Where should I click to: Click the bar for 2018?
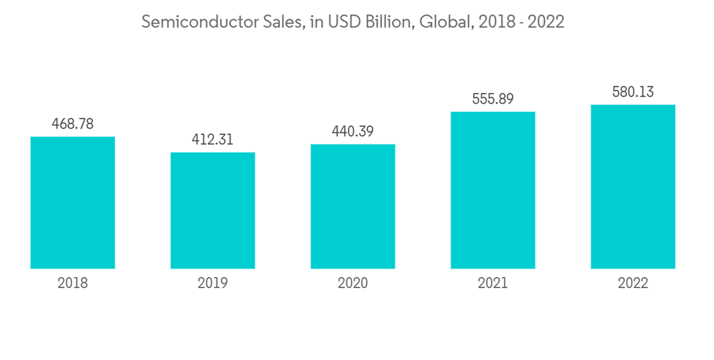(x=73, y=203)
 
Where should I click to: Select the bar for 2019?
(x=213, y=211)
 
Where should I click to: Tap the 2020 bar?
(x=353, y=206)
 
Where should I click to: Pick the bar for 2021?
(x=493, y=190)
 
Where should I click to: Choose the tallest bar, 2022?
(x=633, y=186)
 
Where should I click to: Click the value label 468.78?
(x=73, y=124)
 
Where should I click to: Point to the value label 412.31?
(x=213, y=139)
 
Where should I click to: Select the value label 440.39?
(x=353, y=131)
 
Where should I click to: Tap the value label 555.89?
(x=493, y=99)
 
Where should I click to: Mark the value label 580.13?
(x=633, y=91)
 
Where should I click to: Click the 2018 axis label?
(x=73, y=283)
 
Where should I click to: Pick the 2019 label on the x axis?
(x=213, y=283)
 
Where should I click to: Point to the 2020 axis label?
(x=353, y=283)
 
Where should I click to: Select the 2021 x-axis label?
(x=493, y=283)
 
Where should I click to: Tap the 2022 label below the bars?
(x=633, y=283)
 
